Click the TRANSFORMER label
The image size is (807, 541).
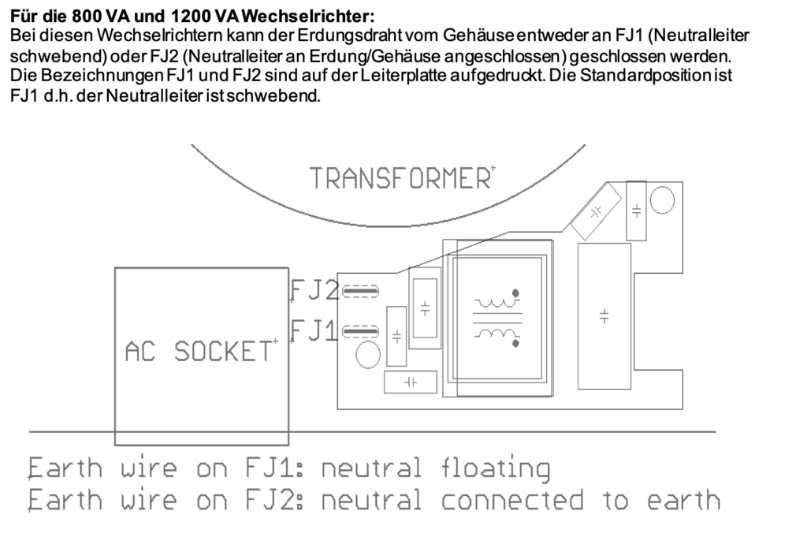400,178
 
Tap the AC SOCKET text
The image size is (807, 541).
202,351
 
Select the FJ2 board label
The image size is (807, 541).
314,291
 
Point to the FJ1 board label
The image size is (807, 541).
314,330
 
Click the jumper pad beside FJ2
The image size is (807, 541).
362,292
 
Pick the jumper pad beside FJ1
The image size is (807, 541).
362,330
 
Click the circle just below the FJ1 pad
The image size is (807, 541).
366,354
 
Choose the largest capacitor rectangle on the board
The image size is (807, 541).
604,315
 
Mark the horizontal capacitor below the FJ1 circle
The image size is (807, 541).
410,382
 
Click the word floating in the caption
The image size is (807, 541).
495,468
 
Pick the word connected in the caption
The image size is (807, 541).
513,500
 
